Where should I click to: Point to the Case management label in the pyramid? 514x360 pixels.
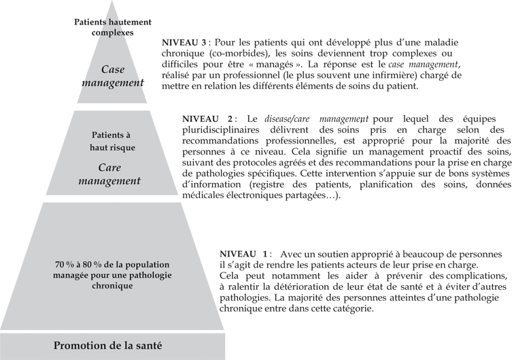tap(113, 76)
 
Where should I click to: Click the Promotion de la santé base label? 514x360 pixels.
tap(109, 346)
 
